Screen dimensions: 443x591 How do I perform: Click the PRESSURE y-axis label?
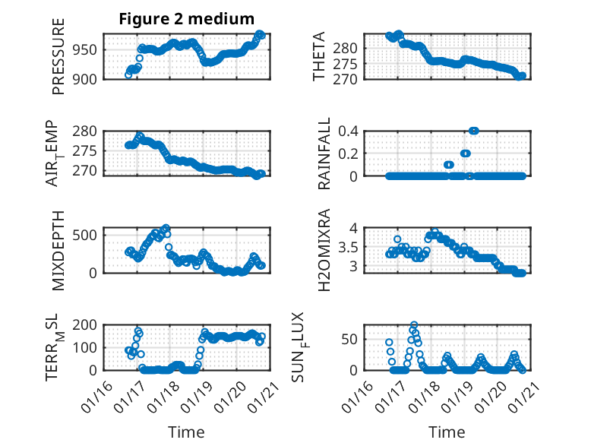[x=59, y=56]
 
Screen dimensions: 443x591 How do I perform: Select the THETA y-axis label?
[x=320, y=56]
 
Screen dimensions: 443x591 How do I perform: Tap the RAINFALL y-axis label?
[x=324, y=153]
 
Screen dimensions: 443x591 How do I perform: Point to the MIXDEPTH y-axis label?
[x=59, y=250]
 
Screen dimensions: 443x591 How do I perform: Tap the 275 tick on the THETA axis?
[x=350, y=63]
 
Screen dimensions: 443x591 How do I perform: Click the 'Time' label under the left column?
[x=186, y=432]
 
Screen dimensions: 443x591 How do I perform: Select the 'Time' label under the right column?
[x=447, y=432]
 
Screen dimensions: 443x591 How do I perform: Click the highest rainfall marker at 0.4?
[x=474, y=131]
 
